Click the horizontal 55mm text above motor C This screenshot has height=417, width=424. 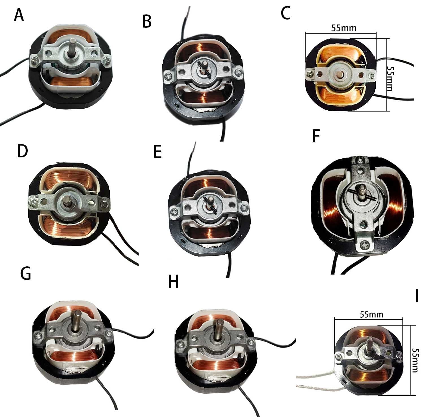344,28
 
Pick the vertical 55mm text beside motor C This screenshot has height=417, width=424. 390,78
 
